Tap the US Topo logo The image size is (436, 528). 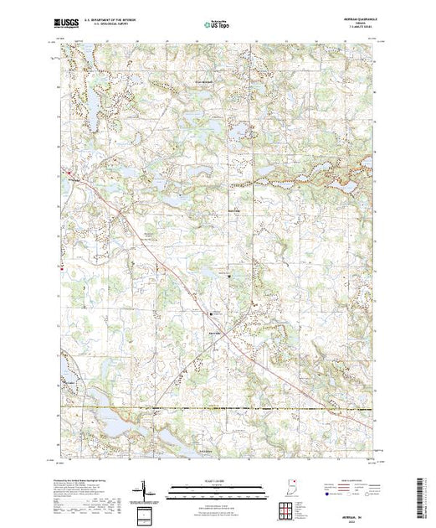coord(217,23)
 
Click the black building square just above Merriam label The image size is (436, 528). coord(210,313)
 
